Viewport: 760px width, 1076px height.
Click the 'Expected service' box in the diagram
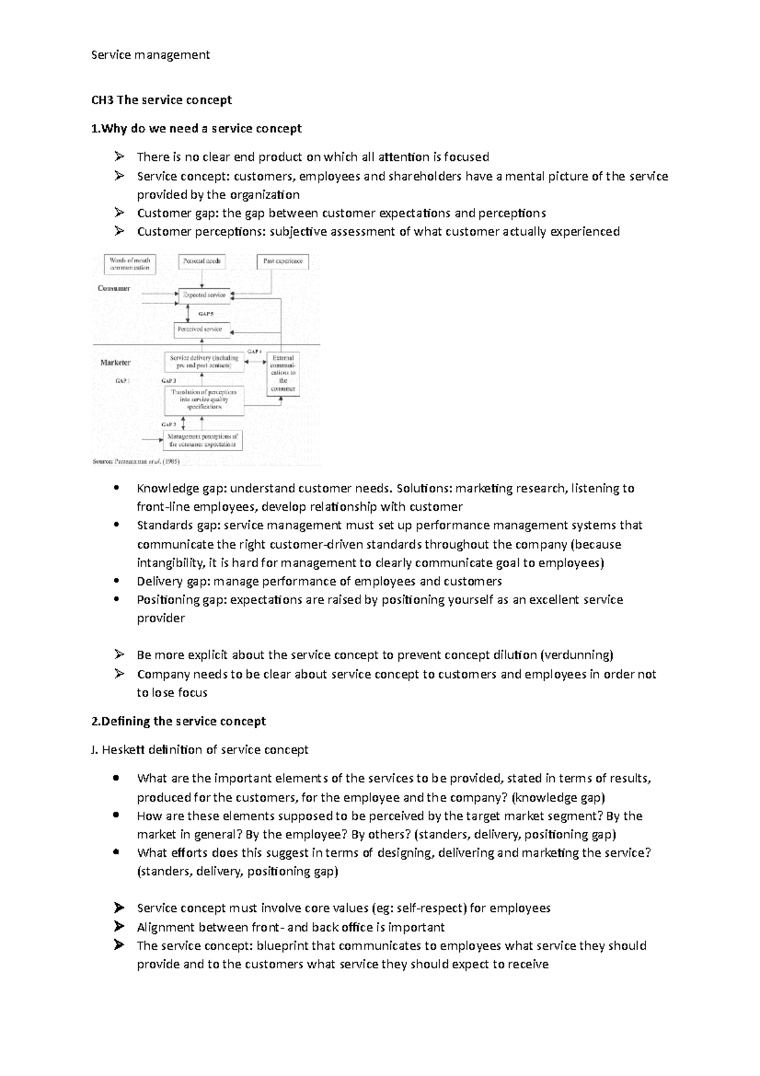pyautogui.click(x=203, y=295)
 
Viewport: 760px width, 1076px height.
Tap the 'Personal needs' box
pyautogui.click(x=202, y=261)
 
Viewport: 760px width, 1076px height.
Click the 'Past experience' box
pyautogui.click(x=283, y=261)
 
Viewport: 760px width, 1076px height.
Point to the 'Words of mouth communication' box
pyautogui.click(x=129, y=264)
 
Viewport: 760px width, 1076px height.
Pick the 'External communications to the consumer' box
pyautogui.click(x=282, y=373)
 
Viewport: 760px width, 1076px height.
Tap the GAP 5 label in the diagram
pyautogui.click(x=206, y=313)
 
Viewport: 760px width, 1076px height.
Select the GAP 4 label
pyautogui.click(x=254, y=351)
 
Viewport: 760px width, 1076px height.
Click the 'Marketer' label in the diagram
pyautogui.click(x=115, y=362)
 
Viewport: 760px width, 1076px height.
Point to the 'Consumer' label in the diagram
pyautogui.click(x=114, y=288)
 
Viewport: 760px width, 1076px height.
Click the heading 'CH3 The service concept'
pyautogui.click(x=161, y=100)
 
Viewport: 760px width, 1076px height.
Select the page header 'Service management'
pyautogui.click(x=151, y=55)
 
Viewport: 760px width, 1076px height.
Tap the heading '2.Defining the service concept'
pyautogui.click(x=179, y=721)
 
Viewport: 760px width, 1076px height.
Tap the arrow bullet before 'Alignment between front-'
pyautogui.click(x=118, y=927)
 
